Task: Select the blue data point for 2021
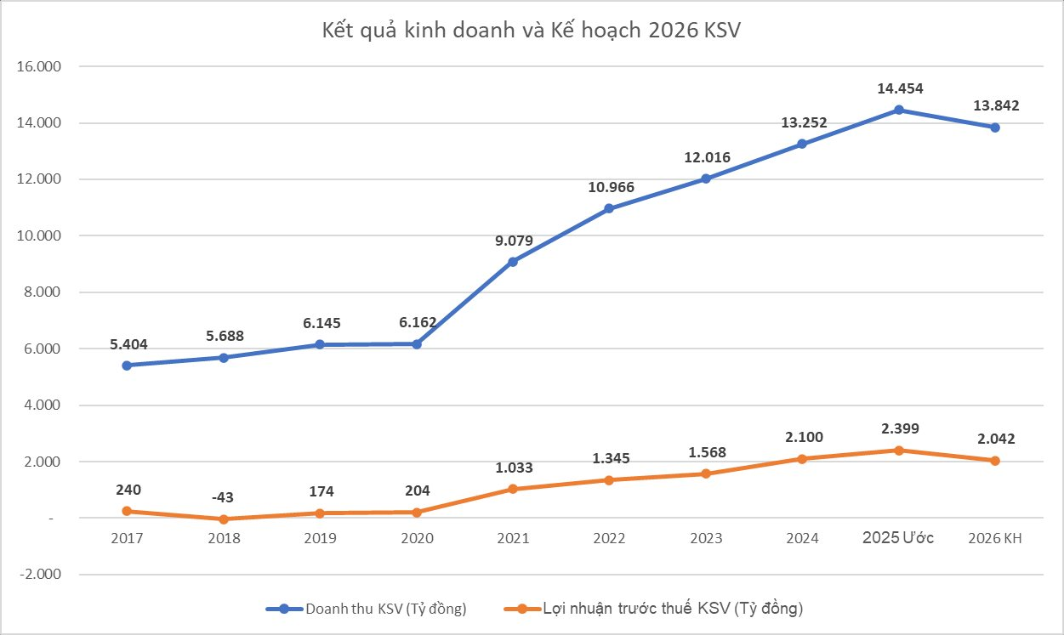tap(513, 262)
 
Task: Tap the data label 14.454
tap(899, 88)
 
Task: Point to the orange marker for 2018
tap(224, 519)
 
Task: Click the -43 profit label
tap(224, 496)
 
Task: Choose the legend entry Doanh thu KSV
tap(367, 608)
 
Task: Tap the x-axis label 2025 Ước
tap(898, 538)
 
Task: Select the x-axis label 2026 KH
tap(995, 538)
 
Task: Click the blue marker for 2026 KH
tap(995, 128)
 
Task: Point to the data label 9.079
tap(513, 241)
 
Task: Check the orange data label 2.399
tap(899, 428)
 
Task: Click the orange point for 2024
tap(802, 459)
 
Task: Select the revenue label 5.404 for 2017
tap(128, 344)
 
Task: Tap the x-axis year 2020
tap(417, 538)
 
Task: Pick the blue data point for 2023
tap(706, 179)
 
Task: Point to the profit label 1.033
tap(513, 468)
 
